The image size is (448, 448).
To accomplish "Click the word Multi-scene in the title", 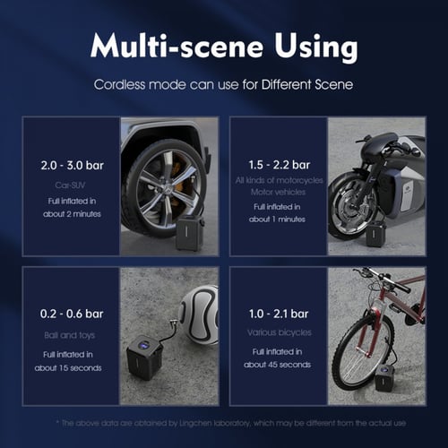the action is [x=177, y=46].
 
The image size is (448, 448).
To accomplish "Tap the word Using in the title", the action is [x=316, y=48].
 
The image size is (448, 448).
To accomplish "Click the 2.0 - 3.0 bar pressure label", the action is [x=72, y=165].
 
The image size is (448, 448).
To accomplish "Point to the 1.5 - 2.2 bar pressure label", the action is [x=280, y=165].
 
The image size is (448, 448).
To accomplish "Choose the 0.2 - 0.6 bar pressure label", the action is [x=72, y=314].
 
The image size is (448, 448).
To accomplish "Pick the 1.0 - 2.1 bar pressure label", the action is [x=279, y=314].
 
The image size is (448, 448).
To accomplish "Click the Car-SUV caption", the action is [x=70, y=185].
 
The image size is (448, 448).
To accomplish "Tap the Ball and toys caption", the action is [x=70, y=335].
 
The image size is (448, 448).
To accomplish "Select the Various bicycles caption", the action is [x=280, y=332].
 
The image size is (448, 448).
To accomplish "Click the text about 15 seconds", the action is [x=68, y=368].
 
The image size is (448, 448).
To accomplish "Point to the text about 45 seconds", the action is [x=277, y=365].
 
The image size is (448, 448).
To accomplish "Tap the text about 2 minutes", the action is [x=72, y=214].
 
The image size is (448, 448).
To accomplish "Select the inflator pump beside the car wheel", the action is [x=190, y=232].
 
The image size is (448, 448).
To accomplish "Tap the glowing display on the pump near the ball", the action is [x=144, y=346].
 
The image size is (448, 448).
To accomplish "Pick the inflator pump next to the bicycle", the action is [x=384, y=379].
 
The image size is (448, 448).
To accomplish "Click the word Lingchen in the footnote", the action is [x=195, y=423].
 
